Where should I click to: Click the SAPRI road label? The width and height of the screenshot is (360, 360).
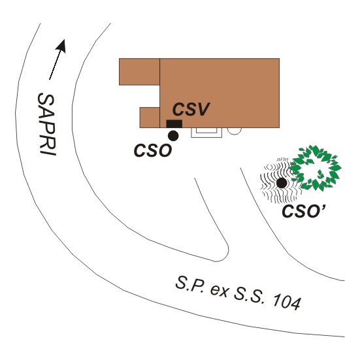[47, 124]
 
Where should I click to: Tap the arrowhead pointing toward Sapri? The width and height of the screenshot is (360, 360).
[61, 46]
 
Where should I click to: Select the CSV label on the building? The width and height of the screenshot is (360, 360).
[191, 109]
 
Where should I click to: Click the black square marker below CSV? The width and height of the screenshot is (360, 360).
[174, 123]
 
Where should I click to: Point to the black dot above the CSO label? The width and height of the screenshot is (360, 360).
[173, 136]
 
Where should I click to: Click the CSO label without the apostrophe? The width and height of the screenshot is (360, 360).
[153, 151]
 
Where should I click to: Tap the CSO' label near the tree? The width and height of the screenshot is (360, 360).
[304, 211]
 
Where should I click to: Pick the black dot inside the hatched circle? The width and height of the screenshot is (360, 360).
[282, 183]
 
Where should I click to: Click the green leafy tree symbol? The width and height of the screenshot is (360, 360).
[315, 168]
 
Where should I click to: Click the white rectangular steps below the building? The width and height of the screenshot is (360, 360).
[206, 133]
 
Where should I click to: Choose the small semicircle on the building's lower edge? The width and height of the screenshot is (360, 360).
[235, 131]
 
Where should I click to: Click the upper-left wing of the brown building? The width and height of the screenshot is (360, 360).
[139, 72]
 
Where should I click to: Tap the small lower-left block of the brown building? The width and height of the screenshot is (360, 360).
[150, 118]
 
